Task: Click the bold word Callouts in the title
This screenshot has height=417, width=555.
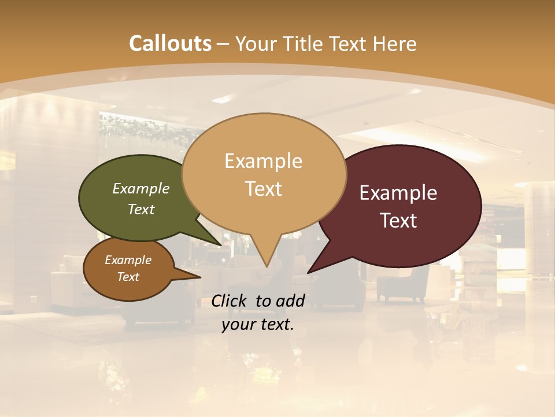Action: tap(170, 43)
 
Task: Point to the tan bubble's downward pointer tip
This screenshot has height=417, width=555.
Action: tap(267, 266)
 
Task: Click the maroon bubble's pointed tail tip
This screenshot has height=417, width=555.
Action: tap(309, 272)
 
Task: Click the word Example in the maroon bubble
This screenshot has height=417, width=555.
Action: tap(398, 193)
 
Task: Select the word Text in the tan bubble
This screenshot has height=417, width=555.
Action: tap(264, 189)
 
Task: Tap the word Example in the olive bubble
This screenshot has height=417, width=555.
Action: tap(141, 188)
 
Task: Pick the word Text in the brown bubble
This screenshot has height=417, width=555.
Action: tap(128, 277)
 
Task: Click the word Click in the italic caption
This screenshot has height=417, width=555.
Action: tap(230, 301)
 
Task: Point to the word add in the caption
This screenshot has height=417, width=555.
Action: tap(290, 301)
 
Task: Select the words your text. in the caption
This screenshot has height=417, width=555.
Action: tap(258, 324)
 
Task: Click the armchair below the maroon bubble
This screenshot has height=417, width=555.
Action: tap(404, 284)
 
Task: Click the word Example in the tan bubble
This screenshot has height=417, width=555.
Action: tap(264, 161)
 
